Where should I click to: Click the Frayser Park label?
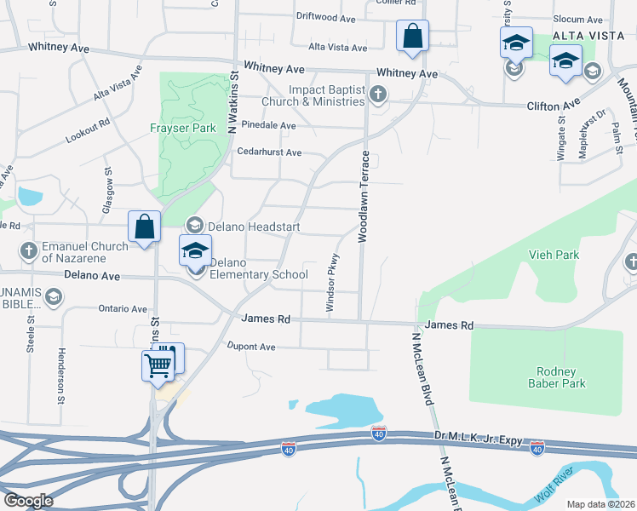click(183, 128)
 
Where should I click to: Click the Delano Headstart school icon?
click(194, 225)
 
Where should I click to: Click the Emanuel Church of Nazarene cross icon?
click(28, 251)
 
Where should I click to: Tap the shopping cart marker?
click(158, 365)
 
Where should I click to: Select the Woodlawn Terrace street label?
click(364, 197)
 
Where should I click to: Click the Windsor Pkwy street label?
click(334, 281)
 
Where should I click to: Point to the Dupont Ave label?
click(251, 347)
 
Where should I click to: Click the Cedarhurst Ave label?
click(270, 152)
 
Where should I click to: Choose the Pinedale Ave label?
click(268, 125)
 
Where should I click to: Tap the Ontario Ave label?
click(123, 308)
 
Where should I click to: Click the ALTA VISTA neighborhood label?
click(583, 35)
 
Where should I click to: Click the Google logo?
click(28, 501)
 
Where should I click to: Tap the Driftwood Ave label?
click(325, 17)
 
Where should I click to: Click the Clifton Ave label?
click(553, 106)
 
